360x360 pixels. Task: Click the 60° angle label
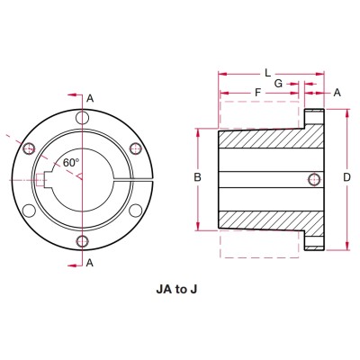[x=71, y=163]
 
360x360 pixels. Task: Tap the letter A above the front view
[x=89, y=97]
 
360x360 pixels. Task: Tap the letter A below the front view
[x=89, y=262]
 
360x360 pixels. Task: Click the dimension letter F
[x=258, y=92]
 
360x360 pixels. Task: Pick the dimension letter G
[x=278, y=82]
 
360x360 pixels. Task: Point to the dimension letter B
[x=196, y=179]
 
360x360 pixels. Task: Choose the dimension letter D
[x=346, y=178]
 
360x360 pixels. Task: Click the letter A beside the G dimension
[x=337, y=92]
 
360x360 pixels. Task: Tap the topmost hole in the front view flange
[x=82, y=119]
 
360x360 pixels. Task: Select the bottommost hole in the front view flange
[x=82, y=240]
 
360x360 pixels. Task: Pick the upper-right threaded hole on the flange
[x=135, y=148]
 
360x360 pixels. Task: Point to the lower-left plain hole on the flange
[x=30, y=211]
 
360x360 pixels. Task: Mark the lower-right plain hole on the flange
[x=135, y=211]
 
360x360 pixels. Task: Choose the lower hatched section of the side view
[x=270, y=218]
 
